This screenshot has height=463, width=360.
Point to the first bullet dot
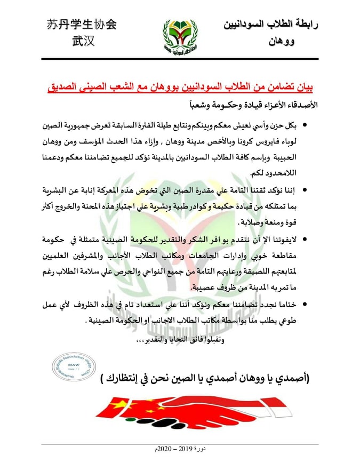pos(305,126)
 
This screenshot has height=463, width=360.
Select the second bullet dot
pos(305,189)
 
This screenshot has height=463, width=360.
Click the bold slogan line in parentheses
pos(208,379)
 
